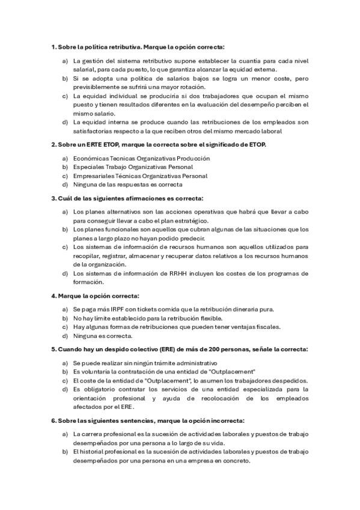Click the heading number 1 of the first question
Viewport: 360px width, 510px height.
[52, 47]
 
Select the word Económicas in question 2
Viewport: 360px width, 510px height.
[91, 158]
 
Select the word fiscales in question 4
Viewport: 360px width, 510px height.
[267, 327]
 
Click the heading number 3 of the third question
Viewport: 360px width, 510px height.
[52, 198]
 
